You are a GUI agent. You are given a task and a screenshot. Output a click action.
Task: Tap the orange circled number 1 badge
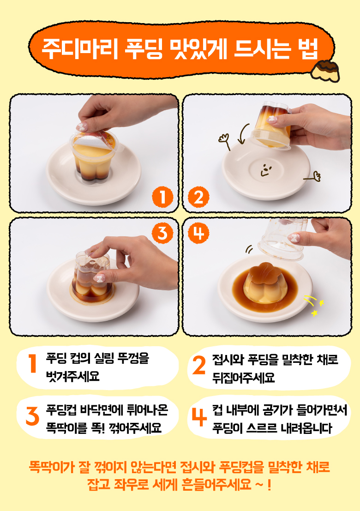[x=162, y=197]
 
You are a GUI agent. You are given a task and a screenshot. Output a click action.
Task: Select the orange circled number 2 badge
[x=199, y=197]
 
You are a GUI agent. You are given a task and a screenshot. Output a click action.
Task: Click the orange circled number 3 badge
[x=162, y=233]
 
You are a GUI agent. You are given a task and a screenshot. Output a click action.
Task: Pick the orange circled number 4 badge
[x=199, y=233]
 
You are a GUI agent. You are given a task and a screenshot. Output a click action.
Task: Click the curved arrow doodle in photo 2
[x=243, y=133]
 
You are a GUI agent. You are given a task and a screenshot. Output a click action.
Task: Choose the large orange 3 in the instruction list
[x=32, y=416]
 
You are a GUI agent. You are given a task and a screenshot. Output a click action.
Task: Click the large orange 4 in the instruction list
[x=199, y=417]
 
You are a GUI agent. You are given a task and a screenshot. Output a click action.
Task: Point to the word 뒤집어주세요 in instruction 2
[x=244, y=378]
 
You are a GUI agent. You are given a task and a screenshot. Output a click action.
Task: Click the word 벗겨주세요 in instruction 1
[x=72, y=376]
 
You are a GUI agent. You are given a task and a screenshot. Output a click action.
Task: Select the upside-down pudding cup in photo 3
[x=93, y=277]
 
